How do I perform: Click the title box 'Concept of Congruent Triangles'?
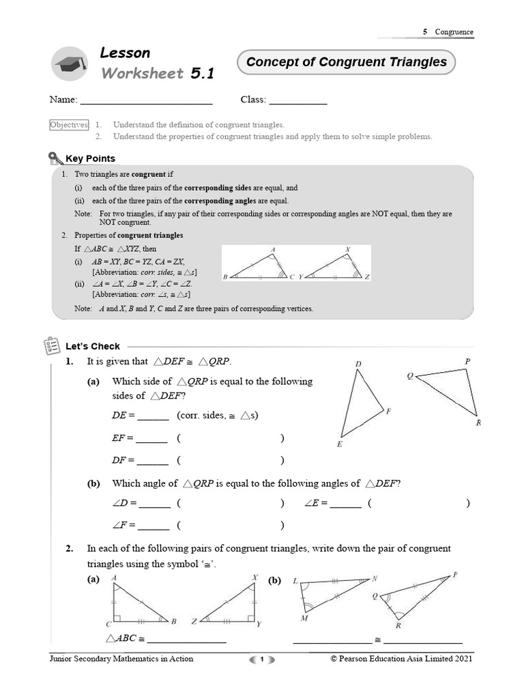[346, 63]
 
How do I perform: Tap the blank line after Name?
[146, 101]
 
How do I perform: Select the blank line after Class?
[297, 101]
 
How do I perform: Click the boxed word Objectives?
[69, 125]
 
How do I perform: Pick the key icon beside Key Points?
[56, 159]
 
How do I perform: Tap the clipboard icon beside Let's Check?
[52, 346]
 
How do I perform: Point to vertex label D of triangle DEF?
[358, 365]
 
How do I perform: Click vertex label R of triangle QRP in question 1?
[478, 423]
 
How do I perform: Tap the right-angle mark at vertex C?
[117, 618]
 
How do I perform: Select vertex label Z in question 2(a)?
[194, 622]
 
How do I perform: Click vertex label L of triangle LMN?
[295, 581]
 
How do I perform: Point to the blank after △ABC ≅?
[186, 640]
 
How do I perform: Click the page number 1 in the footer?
[261, 659]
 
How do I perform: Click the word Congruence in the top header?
[454, 32]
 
